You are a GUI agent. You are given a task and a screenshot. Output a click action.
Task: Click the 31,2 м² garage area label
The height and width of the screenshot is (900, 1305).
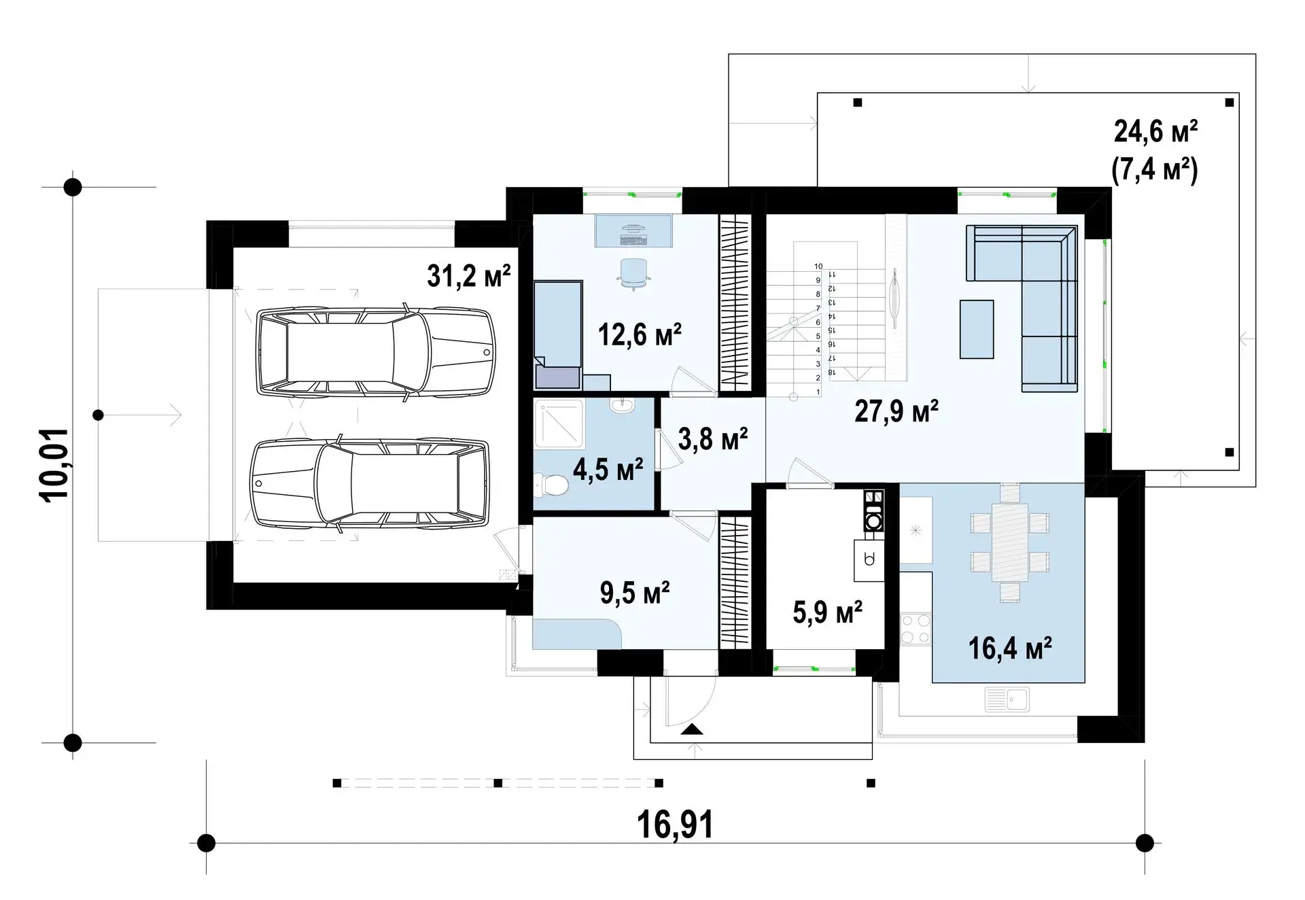[468, 276]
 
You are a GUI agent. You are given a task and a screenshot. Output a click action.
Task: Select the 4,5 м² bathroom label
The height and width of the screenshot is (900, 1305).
[608, 469]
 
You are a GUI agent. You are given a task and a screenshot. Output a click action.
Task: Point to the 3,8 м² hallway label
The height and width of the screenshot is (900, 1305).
[713, 438]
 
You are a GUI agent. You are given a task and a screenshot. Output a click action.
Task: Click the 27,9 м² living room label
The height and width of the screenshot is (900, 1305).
[897, 411]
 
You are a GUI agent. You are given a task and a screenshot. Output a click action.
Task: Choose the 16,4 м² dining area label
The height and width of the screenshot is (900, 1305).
[1010, 648]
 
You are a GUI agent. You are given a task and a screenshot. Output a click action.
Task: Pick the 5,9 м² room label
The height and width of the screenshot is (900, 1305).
[828, 612]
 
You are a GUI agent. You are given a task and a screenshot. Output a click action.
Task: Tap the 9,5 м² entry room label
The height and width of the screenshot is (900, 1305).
[635, 593]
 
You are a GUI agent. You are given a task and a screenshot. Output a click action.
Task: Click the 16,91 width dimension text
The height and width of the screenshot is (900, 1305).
[675, 825]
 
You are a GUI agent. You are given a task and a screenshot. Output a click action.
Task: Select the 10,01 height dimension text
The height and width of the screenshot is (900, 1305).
[55, 465]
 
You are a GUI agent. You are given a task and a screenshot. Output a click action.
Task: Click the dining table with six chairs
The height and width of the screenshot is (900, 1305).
[1010, 542]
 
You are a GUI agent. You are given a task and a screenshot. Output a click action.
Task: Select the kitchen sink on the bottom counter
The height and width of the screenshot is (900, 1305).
[1007, 699]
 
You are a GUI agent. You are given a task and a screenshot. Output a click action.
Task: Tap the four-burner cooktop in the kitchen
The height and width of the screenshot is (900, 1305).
[916, 628]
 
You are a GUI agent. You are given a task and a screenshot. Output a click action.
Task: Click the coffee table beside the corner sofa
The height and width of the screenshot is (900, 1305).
[977, 330]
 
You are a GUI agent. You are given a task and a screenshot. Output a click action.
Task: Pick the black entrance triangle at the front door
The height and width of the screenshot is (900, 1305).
[692, 730]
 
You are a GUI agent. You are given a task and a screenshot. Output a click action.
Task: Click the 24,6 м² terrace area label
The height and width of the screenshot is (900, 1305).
[1155, 131]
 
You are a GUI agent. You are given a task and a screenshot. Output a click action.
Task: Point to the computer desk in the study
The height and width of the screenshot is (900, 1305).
[634, 231]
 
